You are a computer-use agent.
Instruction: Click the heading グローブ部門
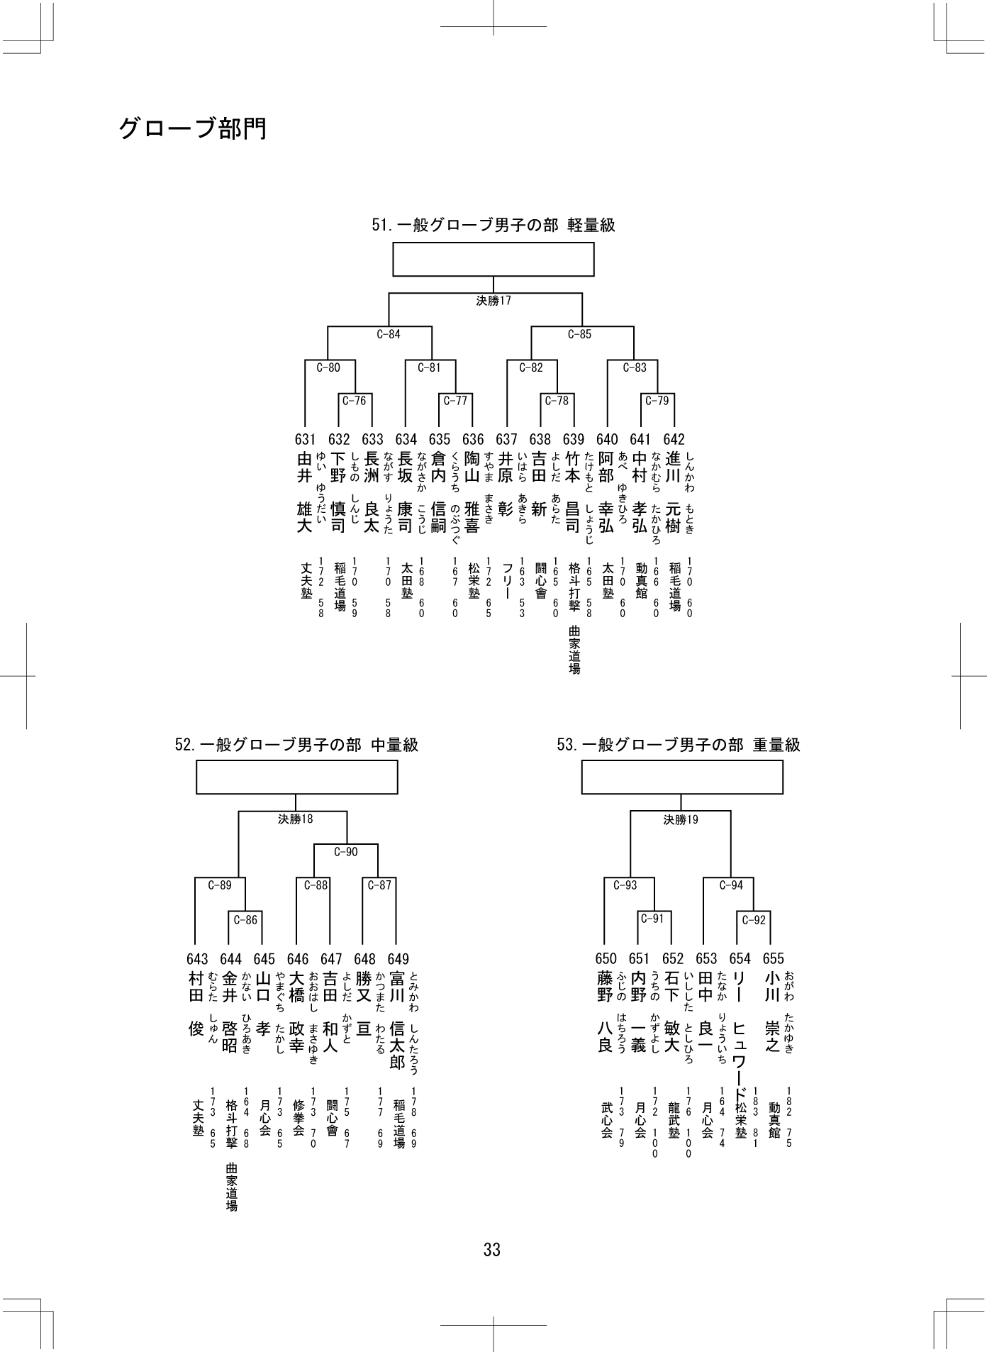(192, 129)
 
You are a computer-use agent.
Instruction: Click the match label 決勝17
(493, 301)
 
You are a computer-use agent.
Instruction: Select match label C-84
(389, 334)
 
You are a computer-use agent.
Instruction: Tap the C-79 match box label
(657, 401)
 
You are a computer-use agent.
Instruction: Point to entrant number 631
(305, 440)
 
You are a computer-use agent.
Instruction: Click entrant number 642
(674, 440)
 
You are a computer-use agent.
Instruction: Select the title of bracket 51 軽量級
(493, 226)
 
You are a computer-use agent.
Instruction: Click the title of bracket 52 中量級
(296, 745)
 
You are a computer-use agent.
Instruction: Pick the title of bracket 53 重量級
(679, 745)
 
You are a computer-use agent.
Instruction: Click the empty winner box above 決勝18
(296, 777)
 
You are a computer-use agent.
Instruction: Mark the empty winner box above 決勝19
(682, 777)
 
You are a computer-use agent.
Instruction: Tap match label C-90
(346, 852)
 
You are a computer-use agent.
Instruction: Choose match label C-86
(245, 920)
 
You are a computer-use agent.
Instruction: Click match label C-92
(754, 920)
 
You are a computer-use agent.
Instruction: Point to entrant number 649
(398, 960)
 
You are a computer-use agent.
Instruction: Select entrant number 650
(606, 960)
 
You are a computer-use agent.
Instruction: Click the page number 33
(492, 1250)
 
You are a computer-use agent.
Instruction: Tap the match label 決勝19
(681, 820)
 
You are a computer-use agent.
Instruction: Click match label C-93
(625, 885)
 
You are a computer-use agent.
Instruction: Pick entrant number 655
(774, 960)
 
